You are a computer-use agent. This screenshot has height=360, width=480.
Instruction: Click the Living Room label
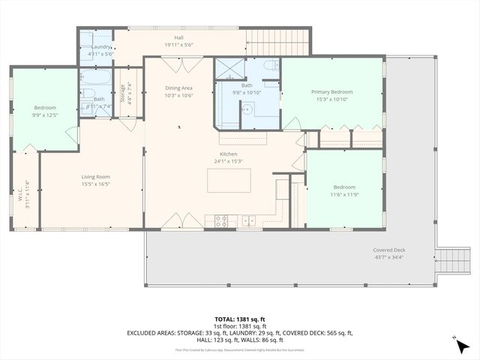96,177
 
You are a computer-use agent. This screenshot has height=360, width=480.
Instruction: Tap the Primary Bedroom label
331,91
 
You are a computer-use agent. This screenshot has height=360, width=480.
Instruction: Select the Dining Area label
179,88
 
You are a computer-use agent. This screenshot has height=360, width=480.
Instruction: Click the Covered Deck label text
389,250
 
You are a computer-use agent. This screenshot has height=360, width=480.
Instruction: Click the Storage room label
122,94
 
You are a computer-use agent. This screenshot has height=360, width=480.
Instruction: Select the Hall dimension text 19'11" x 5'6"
178,45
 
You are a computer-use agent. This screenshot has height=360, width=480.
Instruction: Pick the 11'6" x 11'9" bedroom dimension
344,194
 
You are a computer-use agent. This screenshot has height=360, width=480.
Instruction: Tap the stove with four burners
222,220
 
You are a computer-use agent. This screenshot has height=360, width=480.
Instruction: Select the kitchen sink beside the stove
249,220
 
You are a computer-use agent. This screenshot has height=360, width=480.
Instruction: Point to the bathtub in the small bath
95,77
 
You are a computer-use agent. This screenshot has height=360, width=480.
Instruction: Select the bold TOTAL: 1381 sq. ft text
239,319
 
